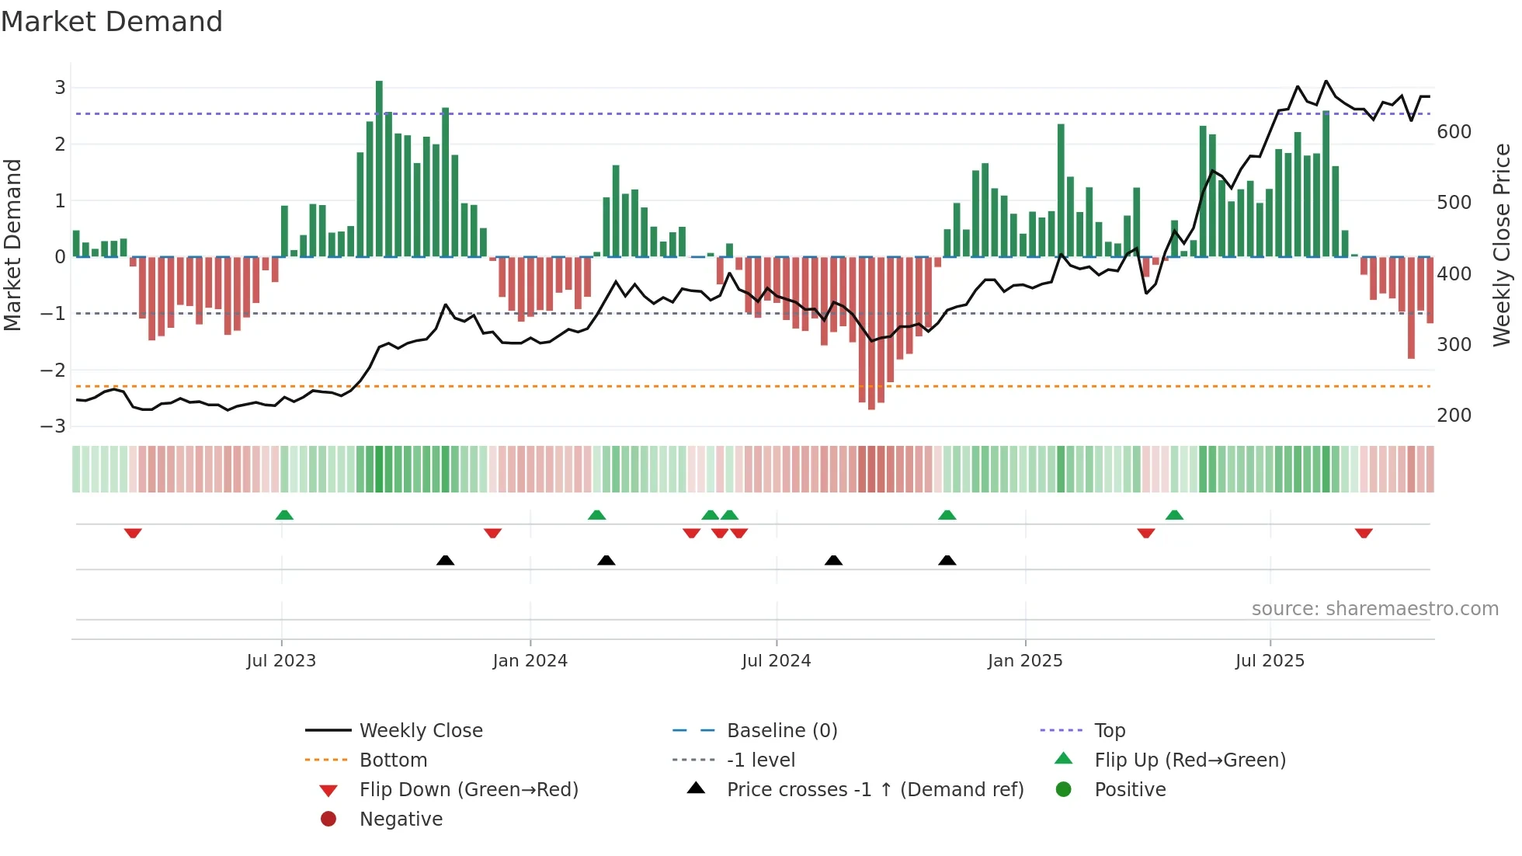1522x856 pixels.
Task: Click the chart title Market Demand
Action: (112, 22)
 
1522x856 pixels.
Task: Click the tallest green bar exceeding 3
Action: (379, 168)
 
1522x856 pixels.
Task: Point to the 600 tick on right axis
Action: (1454, 132)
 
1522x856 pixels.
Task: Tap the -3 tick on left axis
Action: (54, 426)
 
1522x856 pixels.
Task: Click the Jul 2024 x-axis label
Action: (776, 661)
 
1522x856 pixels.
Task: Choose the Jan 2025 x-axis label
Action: (1025, 661)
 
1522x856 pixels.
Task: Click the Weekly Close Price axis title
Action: (1502, 245)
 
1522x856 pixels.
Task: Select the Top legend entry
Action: (1109, 731)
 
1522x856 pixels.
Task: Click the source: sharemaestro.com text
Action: (1374, 609)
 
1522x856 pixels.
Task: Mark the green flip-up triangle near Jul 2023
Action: (284, 515)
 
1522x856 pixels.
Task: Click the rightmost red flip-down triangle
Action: (1364, 533)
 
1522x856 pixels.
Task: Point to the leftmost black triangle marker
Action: (445, 560)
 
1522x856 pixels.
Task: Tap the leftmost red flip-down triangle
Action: (133, 533)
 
